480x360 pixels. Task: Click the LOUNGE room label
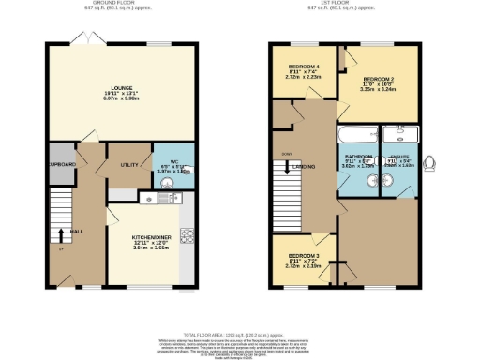[119, 91]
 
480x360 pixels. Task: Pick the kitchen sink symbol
[150, 197]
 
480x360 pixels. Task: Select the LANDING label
[301, 168]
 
